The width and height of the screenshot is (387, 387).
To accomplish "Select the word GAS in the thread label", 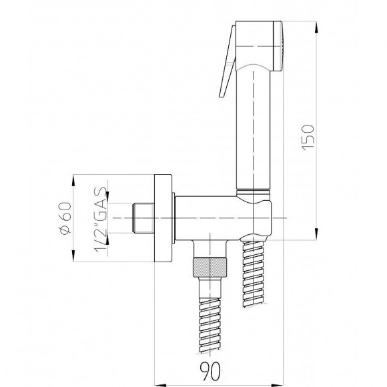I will coord(98,199).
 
